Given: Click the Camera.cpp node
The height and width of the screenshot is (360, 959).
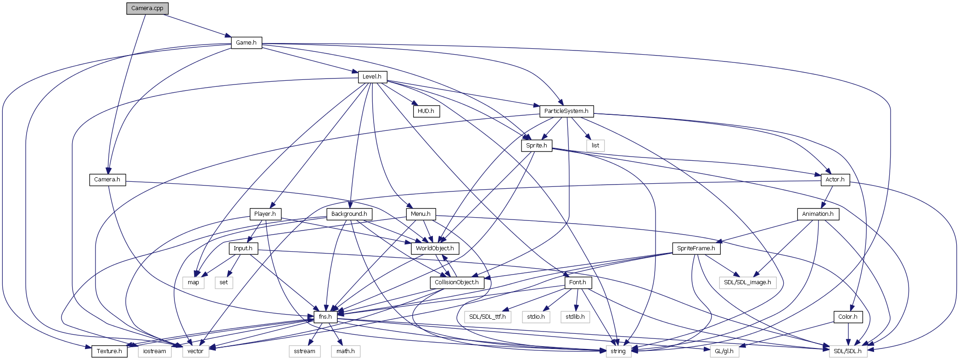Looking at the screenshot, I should click(x=147, y=8).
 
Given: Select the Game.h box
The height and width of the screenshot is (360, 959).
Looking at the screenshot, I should click(x=246, y=43).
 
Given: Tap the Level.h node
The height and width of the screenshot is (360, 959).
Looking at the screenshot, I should click(x=372, y=77).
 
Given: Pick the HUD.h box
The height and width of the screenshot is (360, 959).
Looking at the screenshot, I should click(x=426, y=111).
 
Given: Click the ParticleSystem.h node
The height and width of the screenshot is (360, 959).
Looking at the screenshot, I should click(x=566, y=111).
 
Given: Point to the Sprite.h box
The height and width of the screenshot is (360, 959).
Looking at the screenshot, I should click(x=536, y=146).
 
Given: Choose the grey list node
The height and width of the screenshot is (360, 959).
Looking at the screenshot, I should click(x=595, y=146).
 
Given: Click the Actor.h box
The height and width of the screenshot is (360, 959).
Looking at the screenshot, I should click(x=835, y=180).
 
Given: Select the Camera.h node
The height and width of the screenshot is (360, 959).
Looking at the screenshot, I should click(x=107, y=180).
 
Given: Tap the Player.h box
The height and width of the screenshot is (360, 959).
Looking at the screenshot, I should click(x=265, y=214).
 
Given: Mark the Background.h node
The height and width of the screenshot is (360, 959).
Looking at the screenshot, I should click(x=349, y=214).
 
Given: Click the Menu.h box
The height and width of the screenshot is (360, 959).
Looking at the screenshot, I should click(x=421, y=214).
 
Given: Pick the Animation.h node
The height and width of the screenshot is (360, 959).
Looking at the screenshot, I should click(x=818, y=214).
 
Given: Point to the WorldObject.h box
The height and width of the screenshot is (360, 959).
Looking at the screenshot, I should click(x=435, y=248).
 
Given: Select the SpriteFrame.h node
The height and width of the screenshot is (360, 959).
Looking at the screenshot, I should click(x=696, y=248).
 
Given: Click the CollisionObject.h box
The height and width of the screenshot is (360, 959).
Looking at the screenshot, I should click(x=457, y=282).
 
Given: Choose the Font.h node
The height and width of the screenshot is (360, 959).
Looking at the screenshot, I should click(x=578, y=282).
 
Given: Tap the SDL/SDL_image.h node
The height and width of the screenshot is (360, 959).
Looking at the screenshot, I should click(x=747, y=282).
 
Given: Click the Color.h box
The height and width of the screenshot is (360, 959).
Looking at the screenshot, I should click(x=847, y=317).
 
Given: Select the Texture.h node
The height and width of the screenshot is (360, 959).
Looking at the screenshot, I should click(x=109, y=351).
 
